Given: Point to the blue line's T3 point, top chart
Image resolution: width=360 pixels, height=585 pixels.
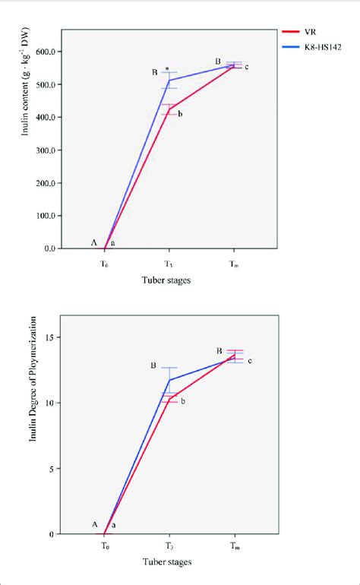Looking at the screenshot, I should click(169, 80).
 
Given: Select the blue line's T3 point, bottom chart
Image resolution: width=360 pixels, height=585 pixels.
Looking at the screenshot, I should click(169, 380).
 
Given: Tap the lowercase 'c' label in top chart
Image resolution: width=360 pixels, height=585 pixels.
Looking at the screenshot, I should click(246, 68).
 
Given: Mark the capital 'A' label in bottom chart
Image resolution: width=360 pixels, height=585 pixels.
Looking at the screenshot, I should click(95, 524).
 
